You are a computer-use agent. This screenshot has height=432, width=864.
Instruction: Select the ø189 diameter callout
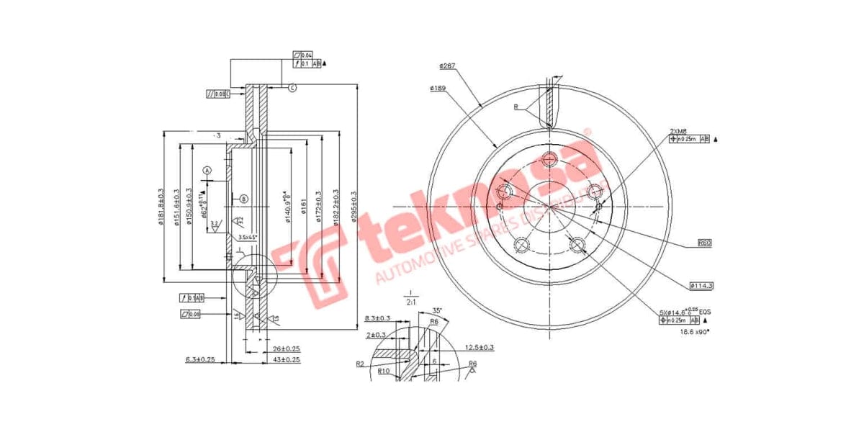(440, 89)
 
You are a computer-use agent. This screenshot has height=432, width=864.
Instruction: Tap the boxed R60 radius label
(704, 243)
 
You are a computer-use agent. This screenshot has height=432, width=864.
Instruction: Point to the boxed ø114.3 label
(701, 286)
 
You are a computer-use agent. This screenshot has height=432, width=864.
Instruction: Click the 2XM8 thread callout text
(678, 131)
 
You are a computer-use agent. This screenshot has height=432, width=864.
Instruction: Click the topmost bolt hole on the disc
(550, 160)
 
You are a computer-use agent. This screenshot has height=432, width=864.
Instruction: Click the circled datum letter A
(207, 171)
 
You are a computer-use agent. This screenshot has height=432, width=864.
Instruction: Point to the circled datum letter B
(243, 199)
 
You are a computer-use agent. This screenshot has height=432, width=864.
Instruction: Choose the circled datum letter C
(292, 88)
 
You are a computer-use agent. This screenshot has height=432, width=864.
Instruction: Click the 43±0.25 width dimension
(285, 359)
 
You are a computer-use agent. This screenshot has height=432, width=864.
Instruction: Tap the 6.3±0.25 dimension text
(201, 359)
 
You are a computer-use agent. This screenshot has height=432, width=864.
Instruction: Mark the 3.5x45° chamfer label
(248, 237)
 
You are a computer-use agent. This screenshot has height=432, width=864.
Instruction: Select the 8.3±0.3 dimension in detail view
(378, 318)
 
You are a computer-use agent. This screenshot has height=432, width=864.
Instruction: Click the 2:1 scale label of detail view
(410, 302)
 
